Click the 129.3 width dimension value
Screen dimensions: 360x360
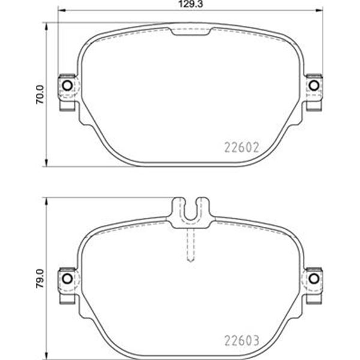pos(191,4)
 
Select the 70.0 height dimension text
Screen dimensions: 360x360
pos(40,95)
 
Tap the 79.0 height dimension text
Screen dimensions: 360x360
pos(40,278)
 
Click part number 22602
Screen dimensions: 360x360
pos(242,147)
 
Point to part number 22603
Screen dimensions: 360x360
pos(242,340)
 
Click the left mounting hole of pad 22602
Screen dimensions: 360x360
pos(67,85)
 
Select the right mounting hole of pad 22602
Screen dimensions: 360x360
pos(314,85)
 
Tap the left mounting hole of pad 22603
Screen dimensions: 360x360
pos(67,278)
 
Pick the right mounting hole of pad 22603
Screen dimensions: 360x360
pos(314,278)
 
